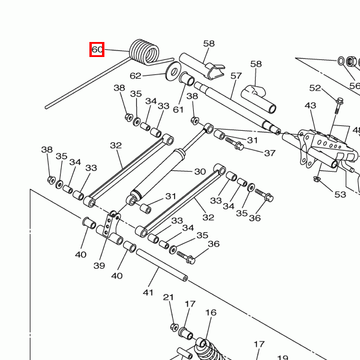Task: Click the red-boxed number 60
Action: pos(97,50)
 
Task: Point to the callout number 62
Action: pos(136,76)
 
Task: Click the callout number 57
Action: pos(236,76)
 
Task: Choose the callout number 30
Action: pos(200,171)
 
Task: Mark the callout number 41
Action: pos(149,292)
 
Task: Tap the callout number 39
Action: pos(100,266)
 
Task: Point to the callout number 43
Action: pos(310,106)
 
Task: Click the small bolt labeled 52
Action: pos(339,105)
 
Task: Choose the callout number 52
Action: pos(315,88)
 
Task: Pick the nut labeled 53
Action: pos(317,178)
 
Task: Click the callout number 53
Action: pos(340,194)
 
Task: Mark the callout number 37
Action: pos(269,152)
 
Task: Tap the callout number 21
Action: pos(169,298)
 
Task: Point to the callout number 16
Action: pos(211,313)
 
